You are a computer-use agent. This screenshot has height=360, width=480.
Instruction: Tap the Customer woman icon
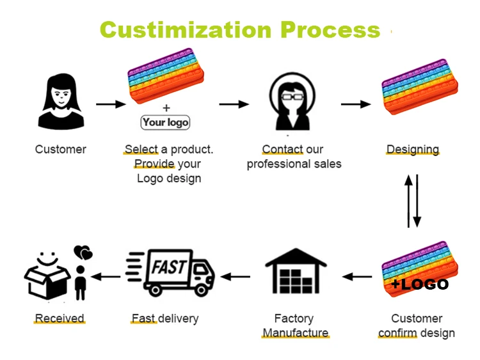click(x=61, y=102)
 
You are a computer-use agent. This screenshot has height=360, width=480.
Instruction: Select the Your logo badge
click(x=165, y=122)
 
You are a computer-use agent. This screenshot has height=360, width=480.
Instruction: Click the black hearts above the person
click(x=83, y=253)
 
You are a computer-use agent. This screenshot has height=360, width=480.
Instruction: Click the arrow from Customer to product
click(x=108, y=104)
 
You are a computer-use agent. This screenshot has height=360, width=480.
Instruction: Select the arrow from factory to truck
click(x=236, y=276)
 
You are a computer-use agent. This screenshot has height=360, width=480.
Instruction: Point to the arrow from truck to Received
click(x=106, y=276)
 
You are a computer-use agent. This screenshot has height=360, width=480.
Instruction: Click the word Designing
click(x=413, y=150)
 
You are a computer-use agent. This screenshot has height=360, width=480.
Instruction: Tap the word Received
click(x=60, y=318)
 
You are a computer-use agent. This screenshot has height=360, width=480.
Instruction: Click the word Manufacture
click(x=295, y=333)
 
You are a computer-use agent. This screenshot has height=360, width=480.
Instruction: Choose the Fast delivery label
click(x=165, y=318)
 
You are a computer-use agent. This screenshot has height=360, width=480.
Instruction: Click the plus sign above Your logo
click(x=166, y=108)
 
